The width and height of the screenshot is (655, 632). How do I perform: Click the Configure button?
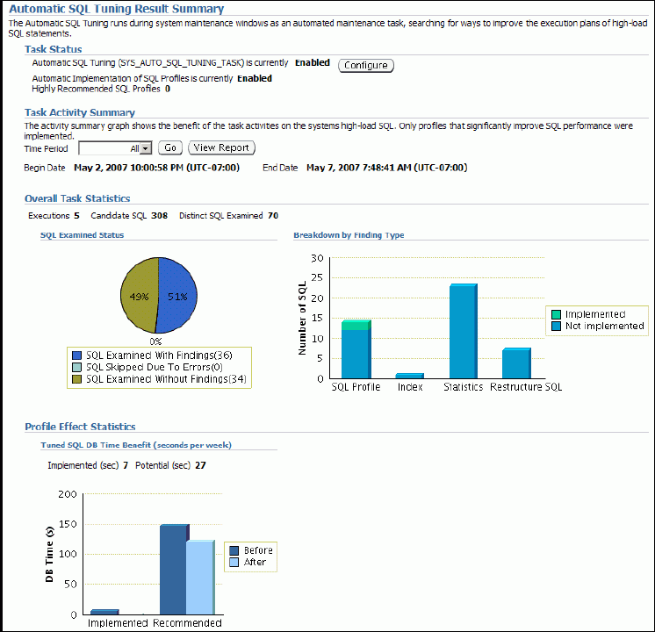click(366, 66)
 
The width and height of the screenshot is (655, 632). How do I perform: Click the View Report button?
click(221, 148)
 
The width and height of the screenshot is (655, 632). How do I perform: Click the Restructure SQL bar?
click(516, 363)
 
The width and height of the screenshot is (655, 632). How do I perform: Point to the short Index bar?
click(409, 376)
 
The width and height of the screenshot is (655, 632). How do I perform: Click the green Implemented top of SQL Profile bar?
click(356, 325)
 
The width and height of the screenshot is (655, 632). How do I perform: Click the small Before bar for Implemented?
click(104, 611)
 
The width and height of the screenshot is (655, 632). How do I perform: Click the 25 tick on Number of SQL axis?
click(319, 278)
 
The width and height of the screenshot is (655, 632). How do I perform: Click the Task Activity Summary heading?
click(80, 112)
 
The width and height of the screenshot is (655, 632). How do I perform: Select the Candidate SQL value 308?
click(159, 215)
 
